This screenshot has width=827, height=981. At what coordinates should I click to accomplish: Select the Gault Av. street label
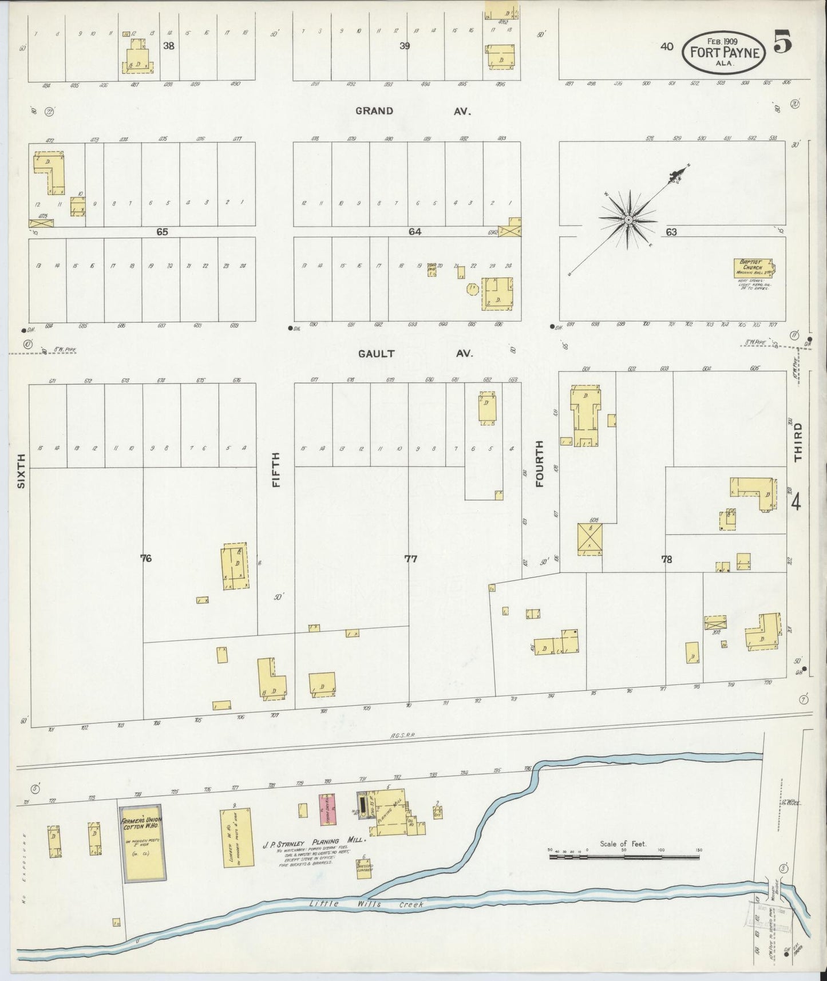pyautogui.click(x=416, y=354)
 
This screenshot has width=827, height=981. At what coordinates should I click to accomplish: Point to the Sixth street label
pyautogui.click(x=22, y=470)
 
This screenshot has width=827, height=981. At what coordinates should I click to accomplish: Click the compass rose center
pyautogui.click(x=628, y=220)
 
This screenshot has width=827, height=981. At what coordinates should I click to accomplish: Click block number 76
pyautogui.click(x=146, y=559)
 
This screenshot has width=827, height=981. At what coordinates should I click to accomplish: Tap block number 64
pyautogui.click(x=415, y=232)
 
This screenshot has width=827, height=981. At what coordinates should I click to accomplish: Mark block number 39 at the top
pyautogui.click(x=405, y=46)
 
